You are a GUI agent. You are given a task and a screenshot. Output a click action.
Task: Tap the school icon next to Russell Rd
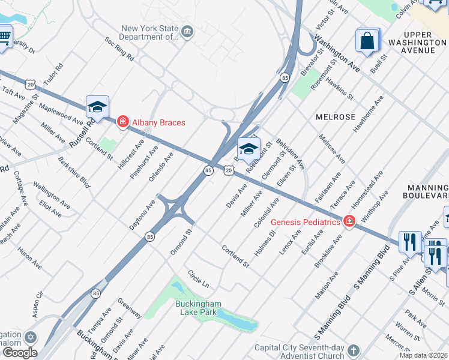(97, 107)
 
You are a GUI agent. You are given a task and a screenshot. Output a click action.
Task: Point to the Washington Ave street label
(336, 53)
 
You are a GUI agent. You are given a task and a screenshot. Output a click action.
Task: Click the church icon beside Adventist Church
(354, 350)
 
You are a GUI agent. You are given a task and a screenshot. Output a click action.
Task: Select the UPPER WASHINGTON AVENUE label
(418, 43)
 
